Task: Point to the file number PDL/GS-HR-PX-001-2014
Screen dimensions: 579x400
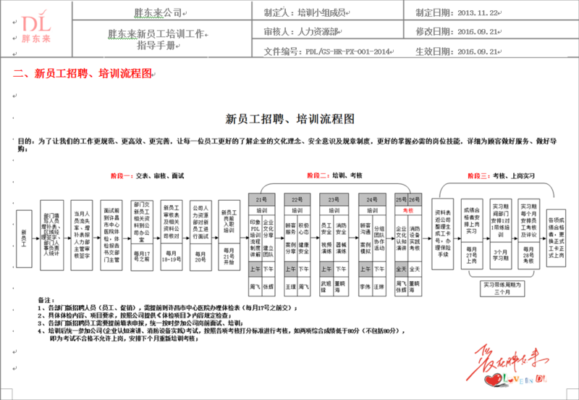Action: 346,52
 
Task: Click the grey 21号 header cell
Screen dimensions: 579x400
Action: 262,199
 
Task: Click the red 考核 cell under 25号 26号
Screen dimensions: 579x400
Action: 407,209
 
